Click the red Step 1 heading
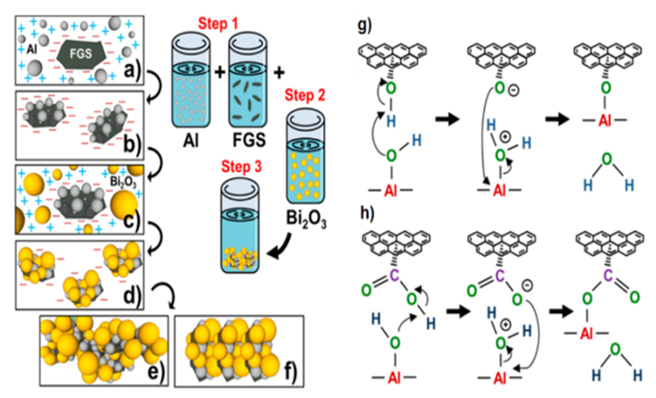click(218, 24)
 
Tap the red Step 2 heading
click(305, 95)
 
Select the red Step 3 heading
click(241, 167)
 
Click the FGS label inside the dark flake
click(81, 54)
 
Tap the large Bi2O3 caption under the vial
click(306, 219)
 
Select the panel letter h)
click(367, 213)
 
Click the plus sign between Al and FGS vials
click(220, 73)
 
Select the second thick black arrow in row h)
click(561, 311)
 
